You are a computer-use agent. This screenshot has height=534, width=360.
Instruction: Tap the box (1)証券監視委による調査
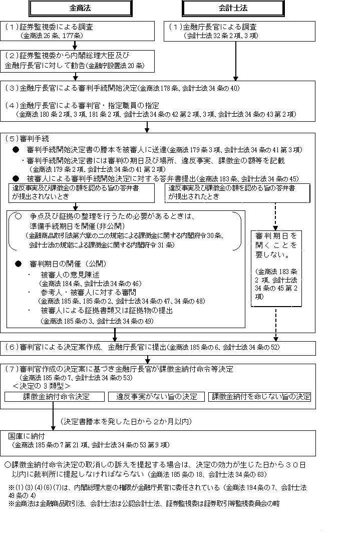point(80,31)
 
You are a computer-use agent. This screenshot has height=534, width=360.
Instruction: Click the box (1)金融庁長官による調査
point(240,31)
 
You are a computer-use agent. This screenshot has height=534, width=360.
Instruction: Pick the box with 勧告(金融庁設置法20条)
point(80,61)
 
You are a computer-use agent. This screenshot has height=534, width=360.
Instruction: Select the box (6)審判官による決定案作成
point(165,347)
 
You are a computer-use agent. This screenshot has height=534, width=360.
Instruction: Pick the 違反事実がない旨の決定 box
point(155,396)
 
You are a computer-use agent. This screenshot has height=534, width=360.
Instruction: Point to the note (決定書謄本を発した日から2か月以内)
point(125,421)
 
